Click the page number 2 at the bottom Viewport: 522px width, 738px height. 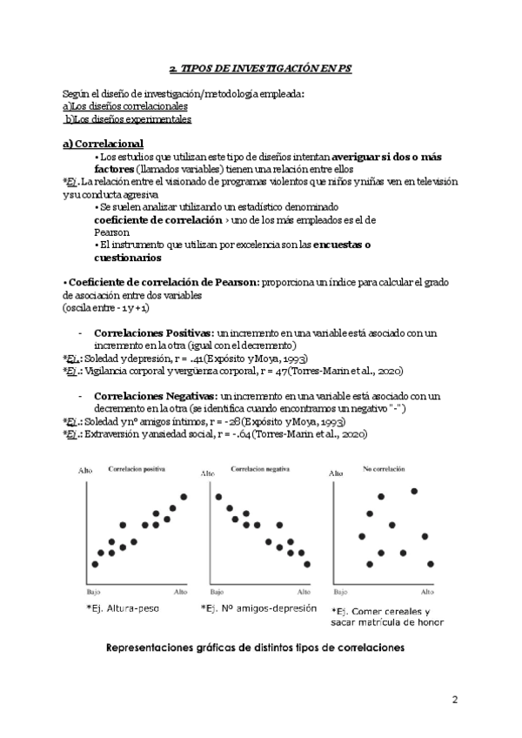coord(455,699)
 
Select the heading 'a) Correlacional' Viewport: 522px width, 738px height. coord(104,144)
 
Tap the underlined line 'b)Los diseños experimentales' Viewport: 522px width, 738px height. coord(129,118)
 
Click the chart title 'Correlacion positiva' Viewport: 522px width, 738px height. coord(137,469)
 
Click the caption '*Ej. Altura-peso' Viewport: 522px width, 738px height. coord(123,607)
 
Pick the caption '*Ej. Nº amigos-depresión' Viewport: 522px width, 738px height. coord(258,608)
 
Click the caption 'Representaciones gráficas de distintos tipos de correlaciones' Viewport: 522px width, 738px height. coord(255,648)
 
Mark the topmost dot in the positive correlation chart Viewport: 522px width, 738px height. coord(184,497)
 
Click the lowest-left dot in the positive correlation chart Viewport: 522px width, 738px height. coord(95,565)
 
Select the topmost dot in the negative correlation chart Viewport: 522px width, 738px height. coord(217,497)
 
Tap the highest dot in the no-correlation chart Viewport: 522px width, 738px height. coord(414,492)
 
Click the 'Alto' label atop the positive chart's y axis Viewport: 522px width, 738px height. coord(84,471)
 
